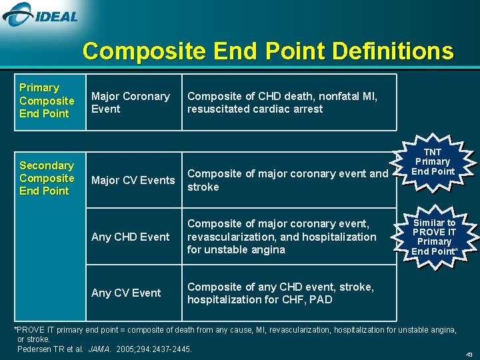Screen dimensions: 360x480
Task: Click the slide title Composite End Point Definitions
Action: [x=267, y=51]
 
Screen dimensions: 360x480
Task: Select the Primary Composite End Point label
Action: [x=47, y=101]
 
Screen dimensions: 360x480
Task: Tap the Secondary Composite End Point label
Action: [x=47, y=178]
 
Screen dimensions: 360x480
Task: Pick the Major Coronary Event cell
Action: [x=131, y=103]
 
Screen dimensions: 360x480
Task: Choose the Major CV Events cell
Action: [x=133, y=180]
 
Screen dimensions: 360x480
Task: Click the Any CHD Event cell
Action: [x=130, y=237]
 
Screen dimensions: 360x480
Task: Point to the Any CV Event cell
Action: [x=126, y=293]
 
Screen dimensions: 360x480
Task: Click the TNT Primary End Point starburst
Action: [x=433, y=162]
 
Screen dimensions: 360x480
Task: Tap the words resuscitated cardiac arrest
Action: [x=255, y=109]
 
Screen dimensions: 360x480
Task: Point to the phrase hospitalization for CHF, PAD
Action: [x=259, y=300]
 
